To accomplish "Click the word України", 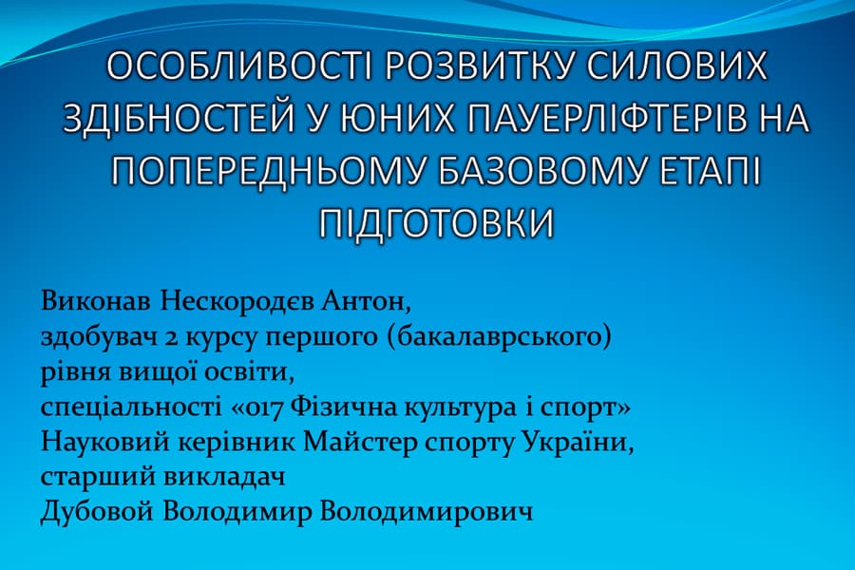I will [583, 443].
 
